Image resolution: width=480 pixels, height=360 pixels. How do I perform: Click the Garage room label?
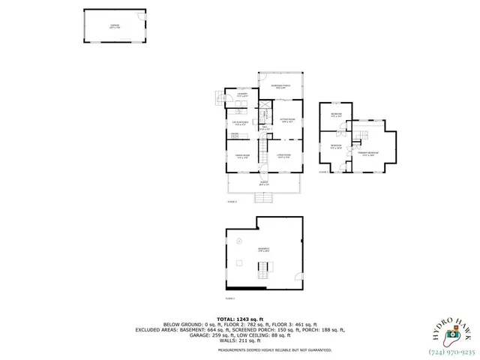point(114,26)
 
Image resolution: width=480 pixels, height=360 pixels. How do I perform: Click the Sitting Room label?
point(287,120)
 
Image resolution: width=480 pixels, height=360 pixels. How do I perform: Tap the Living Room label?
point(283,157)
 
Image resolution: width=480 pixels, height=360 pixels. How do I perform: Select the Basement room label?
point(263,250)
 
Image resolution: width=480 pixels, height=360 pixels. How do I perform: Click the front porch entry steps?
point(265,198)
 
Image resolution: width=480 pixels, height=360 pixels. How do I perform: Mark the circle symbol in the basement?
point(239,241)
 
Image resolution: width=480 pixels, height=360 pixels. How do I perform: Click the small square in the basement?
point(238,262)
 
